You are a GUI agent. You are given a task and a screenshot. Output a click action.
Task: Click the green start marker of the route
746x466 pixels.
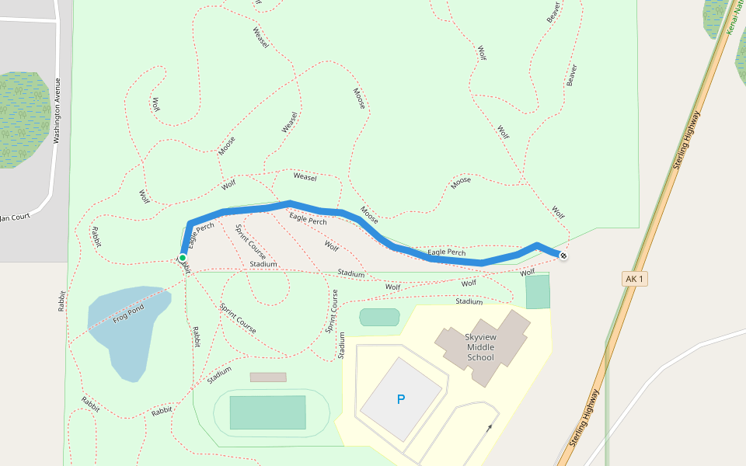click(183, 258)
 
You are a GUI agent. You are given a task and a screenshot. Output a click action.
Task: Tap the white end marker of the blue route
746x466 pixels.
click(563, 256)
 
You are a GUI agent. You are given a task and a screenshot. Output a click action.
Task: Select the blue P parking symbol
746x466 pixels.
click(401, 400)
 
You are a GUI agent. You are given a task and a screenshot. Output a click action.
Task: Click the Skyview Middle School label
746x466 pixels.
click(479, 347)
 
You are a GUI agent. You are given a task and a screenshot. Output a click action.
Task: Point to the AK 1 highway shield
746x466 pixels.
click(634, 278)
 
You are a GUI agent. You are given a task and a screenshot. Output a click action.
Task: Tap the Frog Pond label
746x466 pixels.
click(129, 313)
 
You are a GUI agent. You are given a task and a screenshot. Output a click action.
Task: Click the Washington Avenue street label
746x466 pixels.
click(57, 110)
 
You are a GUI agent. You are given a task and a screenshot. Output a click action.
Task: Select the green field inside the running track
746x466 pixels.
click(267, 412)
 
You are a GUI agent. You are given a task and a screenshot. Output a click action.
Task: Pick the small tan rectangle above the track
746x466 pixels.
click(268, 377)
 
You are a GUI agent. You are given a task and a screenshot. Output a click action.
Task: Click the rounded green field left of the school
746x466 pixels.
click(379, 317)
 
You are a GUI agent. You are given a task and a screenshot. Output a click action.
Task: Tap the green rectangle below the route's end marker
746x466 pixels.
click(537, 292)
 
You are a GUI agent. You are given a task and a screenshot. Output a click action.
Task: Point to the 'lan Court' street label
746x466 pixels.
click(14, 217)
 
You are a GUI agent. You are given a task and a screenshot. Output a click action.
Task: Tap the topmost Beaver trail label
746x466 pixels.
click(553, 12)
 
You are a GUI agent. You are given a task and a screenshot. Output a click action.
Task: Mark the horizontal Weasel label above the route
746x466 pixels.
click(305, 177)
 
